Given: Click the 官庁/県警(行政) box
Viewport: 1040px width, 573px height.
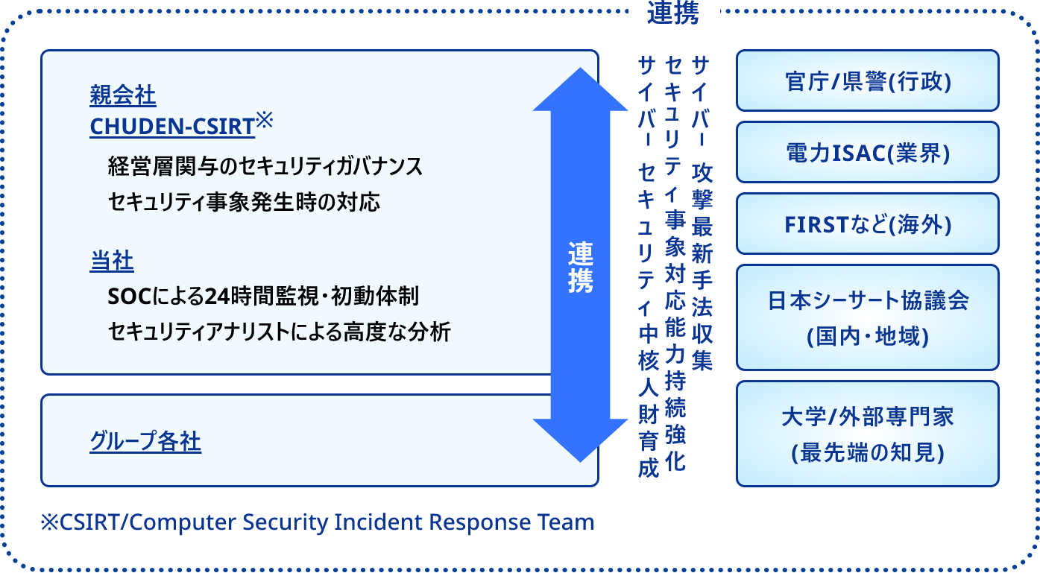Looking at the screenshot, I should pyautogui.click(x=867, y=80).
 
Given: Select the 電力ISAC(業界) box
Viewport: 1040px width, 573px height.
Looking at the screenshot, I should pyautogui.click(x=867, y=152).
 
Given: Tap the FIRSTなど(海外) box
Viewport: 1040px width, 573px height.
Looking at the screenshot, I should pyautogui.click(x=867, y=224).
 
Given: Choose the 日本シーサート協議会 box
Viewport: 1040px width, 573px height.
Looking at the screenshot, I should pyautogui.click(x=867, y=317).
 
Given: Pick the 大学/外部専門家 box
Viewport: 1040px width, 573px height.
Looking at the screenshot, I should pyautogui.click(x=867, y=434).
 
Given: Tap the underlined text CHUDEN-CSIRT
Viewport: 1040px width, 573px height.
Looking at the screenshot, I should pyautogui.click(x=172, y=127).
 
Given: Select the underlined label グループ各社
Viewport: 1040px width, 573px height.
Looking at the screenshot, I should pyautogui.click(x=145, y=443).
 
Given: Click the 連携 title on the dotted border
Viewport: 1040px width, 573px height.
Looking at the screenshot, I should pyautogui.click(x=673, y=13).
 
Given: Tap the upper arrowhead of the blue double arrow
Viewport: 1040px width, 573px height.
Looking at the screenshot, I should pyautogui.click(x=581, y=89).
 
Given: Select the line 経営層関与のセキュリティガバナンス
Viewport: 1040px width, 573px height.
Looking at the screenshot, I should pyautogui.click(x=265, y=166).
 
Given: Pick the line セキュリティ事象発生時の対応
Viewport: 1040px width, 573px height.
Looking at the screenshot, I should pyautogui.click(x=244, y=201).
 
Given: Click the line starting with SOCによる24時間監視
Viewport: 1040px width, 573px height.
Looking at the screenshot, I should pyautogui.click(x=263, y=297).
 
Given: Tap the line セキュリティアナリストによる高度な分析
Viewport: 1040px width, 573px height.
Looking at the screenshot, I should pyautogui.click(x=280, y=332).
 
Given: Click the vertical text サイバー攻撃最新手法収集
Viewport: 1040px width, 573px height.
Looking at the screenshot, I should pyautogui.click(x=702, y=212).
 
